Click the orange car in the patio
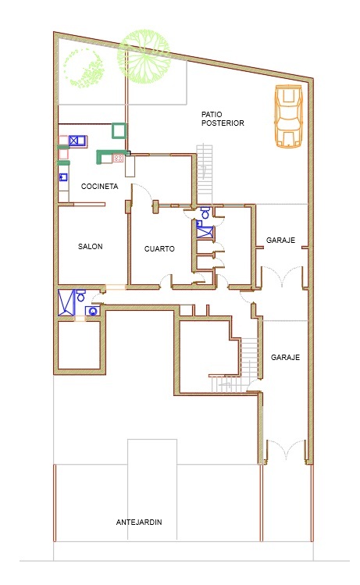(x=288, y=116)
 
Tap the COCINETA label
(x=100, y=186)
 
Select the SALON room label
(x=91, y=246)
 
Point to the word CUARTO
(x=159, y=248)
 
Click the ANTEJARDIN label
(x=139, y=522)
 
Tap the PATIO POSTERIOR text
(x=223, y=119)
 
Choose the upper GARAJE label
(x=280, y=240)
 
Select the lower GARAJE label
(x=285, y=357)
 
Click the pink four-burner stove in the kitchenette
(x=118, y=159)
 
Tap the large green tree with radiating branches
(x=144, y=56)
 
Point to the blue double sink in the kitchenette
(x=77, y=141)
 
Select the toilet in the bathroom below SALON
(x=81, y=296)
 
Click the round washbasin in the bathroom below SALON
(x=92, y=311)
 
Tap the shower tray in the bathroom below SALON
(x=67, y=302)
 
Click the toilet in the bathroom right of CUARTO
(x=205, y=212)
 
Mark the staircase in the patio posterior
(x=205, y=174)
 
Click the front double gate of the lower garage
(x=286, y=449)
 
